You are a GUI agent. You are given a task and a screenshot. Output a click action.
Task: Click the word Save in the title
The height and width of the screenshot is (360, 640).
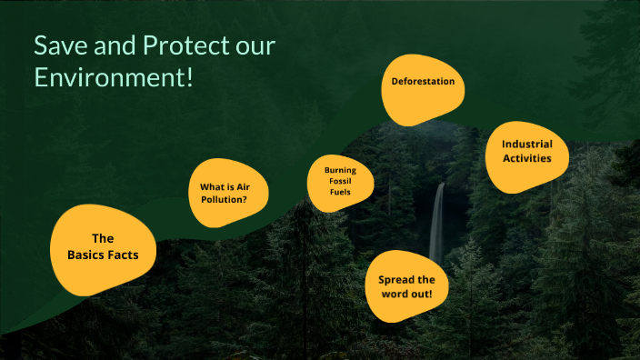click(x=57, y=46)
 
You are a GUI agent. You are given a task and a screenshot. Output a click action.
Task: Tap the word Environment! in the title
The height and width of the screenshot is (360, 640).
click(x=114, y=77)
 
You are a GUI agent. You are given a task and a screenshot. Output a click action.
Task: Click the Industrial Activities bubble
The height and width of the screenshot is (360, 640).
click(x=527, y=152)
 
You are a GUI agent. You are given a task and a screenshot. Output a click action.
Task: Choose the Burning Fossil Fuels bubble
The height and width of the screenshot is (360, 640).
click(x=341, y=181)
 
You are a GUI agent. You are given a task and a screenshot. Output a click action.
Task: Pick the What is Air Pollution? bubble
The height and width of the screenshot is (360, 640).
click(x=229, y=193)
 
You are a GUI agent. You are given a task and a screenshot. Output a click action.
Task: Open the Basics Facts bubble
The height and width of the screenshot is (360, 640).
click(x=103, y=247)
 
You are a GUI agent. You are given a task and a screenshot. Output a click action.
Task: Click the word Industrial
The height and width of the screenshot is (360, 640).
click(x=527, y=144)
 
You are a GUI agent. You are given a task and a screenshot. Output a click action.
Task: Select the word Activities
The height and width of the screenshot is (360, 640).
click(x=527, y=159)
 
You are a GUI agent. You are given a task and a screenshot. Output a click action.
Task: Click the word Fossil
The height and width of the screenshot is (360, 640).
click(x=341, y=181)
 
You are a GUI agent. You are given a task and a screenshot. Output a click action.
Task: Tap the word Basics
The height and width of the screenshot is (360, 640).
click(x=88, y=255)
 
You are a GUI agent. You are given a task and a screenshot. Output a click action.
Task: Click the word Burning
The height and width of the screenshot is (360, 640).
click(x=341, y=170)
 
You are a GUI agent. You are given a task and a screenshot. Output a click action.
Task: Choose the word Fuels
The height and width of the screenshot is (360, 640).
click(x=341, y=192)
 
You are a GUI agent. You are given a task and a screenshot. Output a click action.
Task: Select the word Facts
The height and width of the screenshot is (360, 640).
click(x=126, y=255)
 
